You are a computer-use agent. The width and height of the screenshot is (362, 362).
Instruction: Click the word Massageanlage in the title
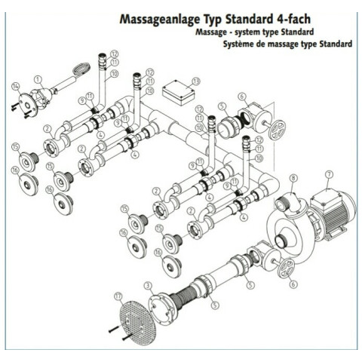[x=159, y=20]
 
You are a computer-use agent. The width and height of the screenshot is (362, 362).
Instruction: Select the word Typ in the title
[x=212, y=20]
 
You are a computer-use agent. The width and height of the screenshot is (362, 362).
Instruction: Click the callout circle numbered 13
[x=195, y=81]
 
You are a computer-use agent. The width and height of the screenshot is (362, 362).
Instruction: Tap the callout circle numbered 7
[x=329, y=174]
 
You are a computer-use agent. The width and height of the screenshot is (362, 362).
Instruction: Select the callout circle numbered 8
[x=293, y=179]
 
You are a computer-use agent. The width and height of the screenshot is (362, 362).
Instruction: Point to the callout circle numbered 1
[x=38, y=80]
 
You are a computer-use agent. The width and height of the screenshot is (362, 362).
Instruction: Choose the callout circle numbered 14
[x=16, y=87]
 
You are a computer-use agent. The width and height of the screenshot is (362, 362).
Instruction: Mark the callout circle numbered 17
[x=118, y=296]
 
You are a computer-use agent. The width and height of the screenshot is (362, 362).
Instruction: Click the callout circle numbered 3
[x=149, y=286]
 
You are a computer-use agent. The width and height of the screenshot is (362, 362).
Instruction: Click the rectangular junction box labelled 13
[x=179, y=93]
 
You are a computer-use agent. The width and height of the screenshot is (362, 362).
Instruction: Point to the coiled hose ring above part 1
[x=81, y=69]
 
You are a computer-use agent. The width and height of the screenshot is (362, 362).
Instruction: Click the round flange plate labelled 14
[x=28, y=105]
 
